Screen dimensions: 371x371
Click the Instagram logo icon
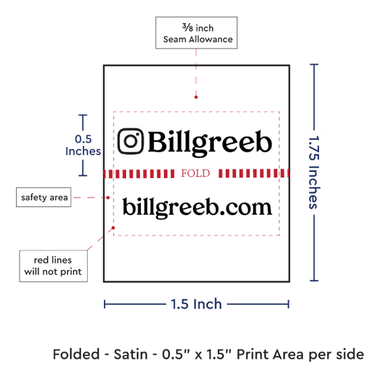(131, 141)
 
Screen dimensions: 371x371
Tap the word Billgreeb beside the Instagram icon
(210, 143)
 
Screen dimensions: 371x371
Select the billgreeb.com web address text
(198, 208)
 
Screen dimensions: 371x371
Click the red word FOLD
(196, 173)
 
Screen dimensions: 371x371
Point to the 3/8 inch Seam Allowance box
(196, 33)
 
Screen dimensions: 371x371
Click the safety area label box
(44, 197)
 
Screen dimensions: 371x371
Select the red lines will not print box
(53, 266)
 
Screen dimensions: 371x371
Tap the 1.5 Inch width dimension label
(196, 304)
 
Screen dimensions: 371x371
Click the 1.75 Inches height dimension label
(314, 172)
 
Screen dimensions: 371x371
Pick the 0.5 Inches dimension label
(83, 145)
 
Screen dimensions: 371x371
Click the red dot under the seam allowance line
(196, 97)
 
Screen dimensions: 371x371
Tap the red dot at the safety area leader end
(108, 198)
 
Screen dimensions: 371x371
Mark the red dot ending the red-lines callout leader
(113, 227)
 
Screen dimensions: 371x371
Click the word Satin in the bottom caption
(131, 354)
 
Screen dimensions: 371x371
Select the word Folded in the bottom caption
(76, 354)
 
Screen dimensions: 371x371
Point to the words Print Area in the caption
(270, 354)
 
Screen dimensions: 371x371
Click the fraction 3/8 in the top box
(188, 28)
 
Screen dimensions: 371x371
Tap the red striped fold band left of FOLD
(139, 173)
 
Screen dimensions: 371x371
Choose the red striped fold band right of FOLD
(254, 173)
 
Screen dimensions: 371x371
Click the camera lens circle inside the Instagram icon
(131, 141)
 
